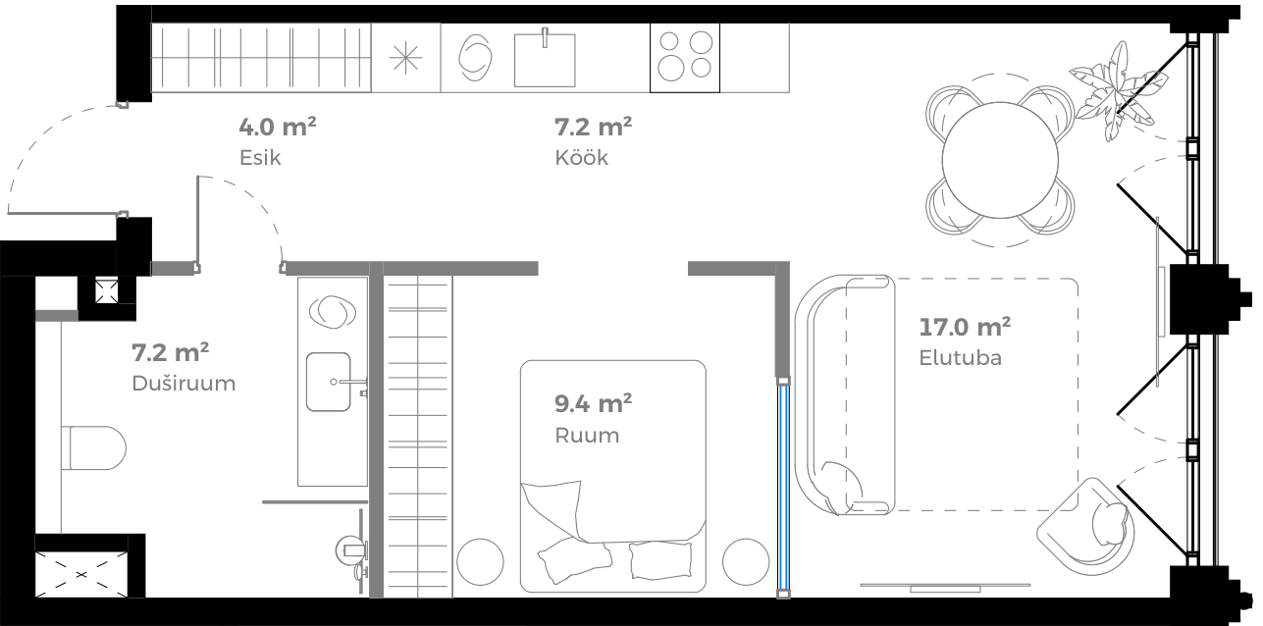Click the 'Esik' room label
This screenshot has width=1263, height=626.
[259, 158]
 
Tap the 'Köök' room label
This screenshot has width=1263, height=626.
[581, 158]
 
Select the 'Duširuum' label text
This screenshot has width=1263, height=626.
[184, 384]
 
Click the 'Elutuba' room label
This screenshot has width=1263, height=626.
[960, 357]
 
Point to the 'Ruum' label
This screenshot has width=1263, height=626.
[587, 436]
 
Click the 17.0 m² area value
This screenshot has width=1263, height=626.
[965, 326]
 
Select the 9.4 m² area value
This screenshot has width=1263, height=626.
[593, 403]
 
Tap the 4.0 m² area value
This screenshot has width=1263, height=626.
[278, 127]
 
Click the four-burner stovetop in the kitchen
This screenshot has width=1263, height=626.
[685, 57]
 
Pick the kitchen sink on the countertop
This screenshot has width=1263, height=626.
[545, 58]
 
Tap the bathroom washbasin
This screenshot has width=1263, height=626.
[329, 382]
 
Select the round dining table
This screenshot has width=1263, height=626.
[1000, 160]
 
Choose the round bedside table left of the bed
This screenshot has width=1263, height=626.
[480, 562]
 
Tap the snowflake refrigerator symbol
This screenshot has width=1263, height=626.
[406, 58]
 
